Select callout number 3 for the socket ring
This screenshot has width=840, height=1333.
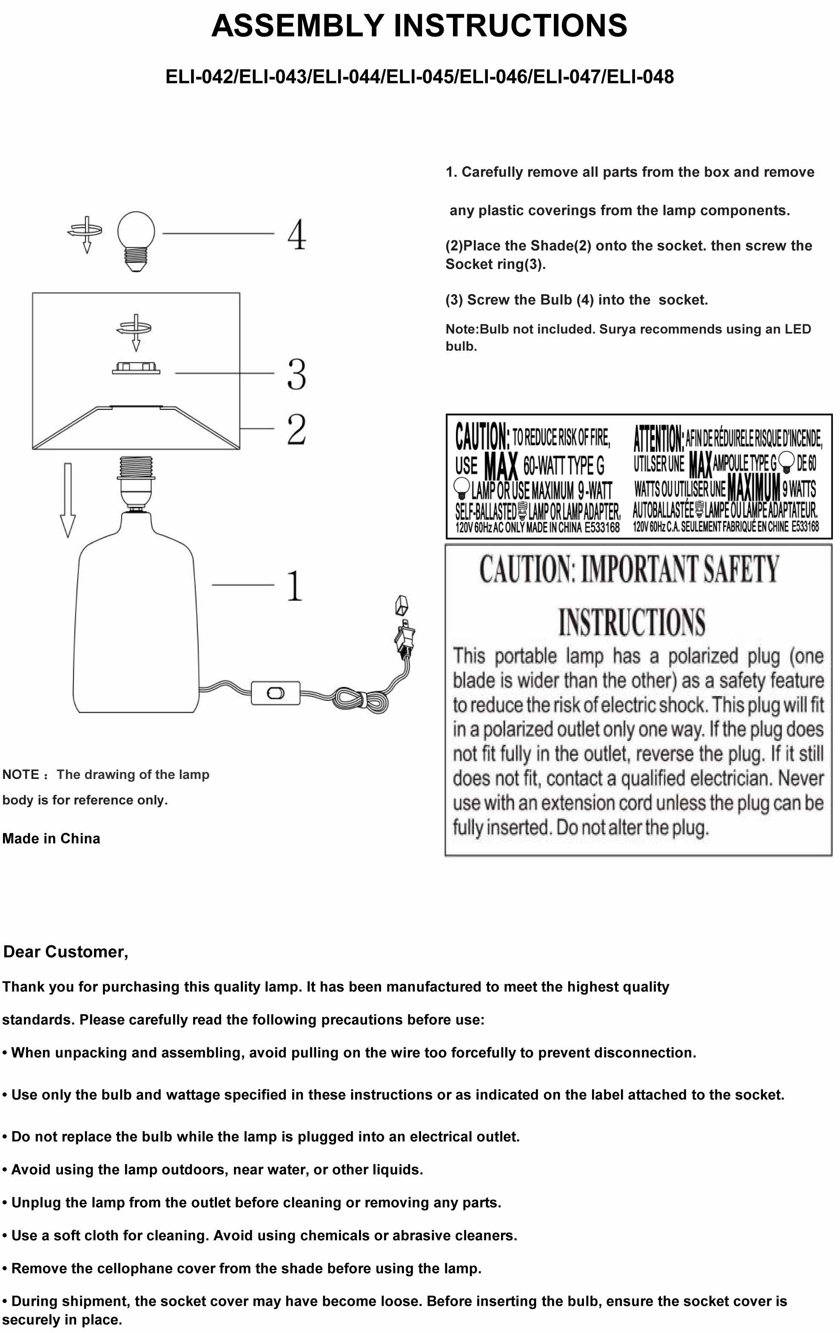coord(297,374)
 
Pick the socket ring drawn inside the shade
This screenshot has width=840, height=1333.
coord(136,368)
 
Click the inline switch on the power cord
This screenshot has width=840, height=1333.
coord(275,693)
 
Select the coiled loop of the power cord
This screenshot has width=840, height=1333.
coord(360,700)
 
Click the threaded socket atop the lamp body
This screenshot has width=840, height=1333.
coord(136,476)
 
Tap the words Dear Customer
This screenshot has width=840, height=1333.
coord(66,952)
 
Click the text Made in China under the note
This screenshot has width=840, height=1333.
coord(51,838)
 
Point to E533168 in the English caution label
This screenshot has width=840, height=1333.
coord(602,528)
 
